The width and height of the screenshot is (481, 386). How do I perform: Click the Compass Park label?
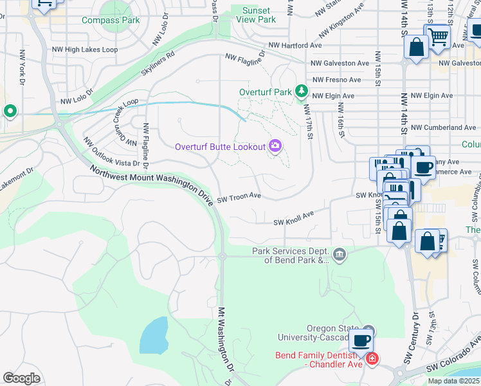pos(111,20)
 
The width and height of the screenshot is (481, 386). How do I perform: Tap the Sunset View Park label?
pos(258,15)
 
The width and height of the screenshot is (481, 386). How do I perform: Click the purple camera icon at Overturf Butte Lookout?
pos(276,147)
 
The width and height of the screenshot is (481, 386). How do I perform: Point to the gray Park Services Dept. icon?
pos(340,255)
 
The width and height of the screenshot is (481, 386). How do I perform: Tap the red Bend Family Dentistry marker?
pos(372,359)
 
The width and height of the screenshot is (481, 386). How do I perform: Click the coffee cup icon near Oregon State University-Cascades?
pos(361,340)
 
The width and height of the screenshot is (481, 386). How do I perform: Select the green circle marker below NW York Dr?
pos(10,111)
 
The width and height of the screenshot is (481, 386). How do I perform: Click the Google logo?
pos(21,378)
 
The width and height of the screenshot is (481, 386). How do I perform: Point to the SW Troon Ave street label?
pos(239,198)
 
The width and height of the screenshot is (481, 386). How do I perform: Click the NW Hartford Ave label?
pos(295,46)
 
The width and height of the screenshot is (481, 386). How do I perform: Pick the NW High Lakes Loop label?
pos(91,49)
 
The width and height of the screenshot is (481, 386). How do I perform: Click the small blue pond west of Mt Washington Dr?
pos(154,335)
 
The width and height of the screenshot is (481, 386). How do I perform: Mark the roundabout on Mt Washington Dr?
pos(222,256)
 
